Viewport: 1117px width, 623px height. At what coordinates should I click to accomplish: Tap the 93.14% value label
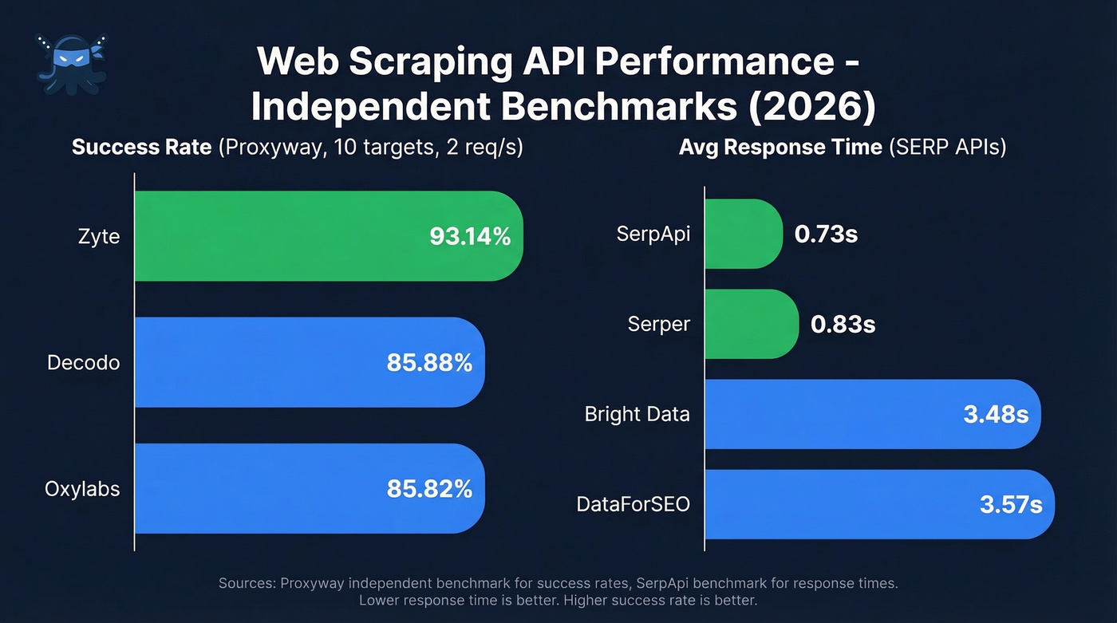pyautogui.click(x=470, y=236)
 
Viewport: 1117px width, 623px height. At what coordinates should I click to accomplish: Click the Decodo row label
pyautogui.click(x=83, y=363)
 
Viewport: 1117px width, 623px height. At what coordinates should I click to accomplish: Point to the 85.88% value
pyautogui.click(x=429, y=363)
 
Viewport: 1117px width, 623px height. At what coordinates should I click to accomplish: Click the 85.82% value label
pyautogui.click(x=429, y=488)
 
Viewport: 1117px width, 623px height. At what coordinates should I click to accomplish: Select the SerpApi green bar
pyautogui.click(x=742, y=235)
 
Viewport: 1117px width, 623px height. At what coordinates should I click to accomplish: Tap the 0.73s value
pyautogui.click(x=826, y=235)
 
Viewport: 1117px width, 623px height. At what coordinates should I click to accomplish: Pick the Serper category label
pyautogui.click(x=659, y=325)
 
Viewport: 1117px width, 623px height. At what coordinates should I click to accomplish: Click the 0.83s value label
pyautogui.click(x=843, y=325)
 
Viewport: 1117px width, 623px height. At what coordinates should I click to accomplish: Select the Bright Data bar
pyautogui.click(x=838, y=415)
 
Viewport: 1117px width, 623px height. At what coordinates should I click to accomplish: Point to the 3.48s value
pyautogui.click(x=996, y=415)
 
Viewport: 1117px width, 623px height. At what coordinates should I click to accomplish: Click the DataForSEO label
pyautogui.click(x=633, y=505)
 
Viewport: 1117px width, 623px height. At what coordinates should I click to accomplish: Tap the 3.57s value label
pyautogui.click(x=1010, y=505)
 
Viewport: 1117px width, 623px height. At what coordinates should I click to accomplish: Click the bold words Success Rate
pyautogui.click(x=141, y=148)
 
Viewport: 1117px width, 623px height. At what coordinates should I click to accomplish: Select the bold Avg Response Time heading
pyautogui.click(x=780, y=148)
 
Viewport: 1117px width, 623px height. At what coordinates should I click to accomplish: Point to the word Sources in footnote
pyautogui.click(x=247, y=584)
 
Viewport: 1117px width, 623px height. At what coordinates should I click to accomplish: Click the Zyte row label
pyautogui.click(x=100, y=236)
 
